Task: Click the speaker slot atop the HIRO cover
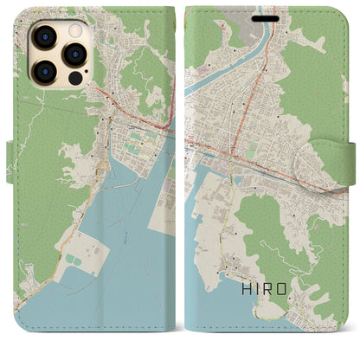pos(263,16)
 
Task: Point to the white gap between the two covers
pos(180,173)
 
